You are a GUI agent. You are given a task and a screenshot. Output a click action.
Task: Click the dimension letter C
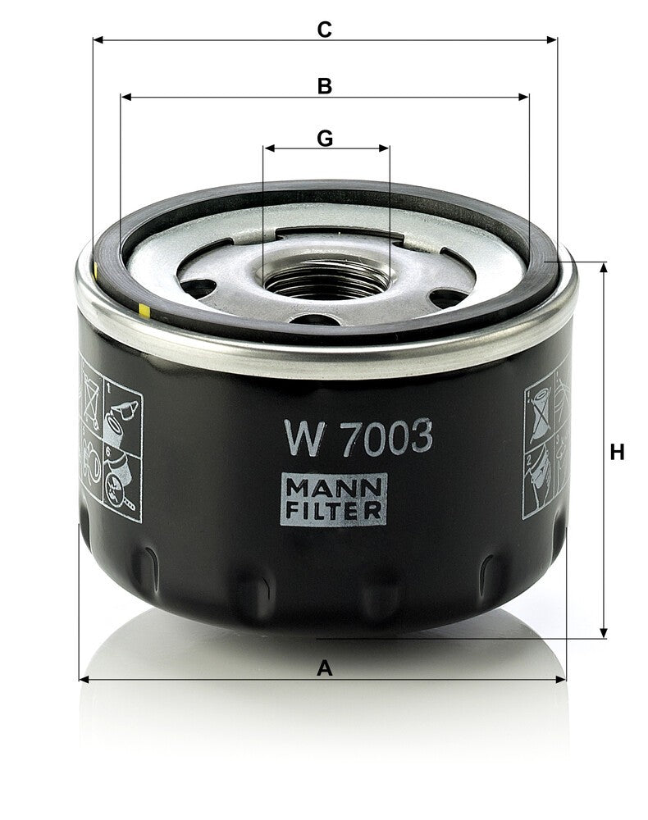pos(324,30)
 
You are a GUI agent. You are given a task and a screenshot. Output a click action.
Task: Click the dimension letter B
pos(325,86)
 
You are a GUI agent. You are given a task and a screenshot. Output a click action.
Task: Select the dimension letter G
pos(325,139)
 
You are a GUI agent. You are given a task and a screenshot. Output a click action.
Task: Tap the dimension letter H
pos(617,452)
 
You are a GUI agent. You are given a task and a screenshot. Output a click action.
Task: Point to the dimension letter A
pos(325,667)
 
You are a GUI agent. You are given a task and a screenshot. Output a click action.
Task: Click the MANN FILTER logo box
pos(333,499)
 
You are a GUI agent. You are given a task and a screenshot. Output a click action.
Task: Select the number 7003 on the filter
pos(386,437)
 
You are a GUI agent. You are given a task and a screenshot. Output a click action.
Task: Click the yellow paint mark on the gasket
pos(144,311)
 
